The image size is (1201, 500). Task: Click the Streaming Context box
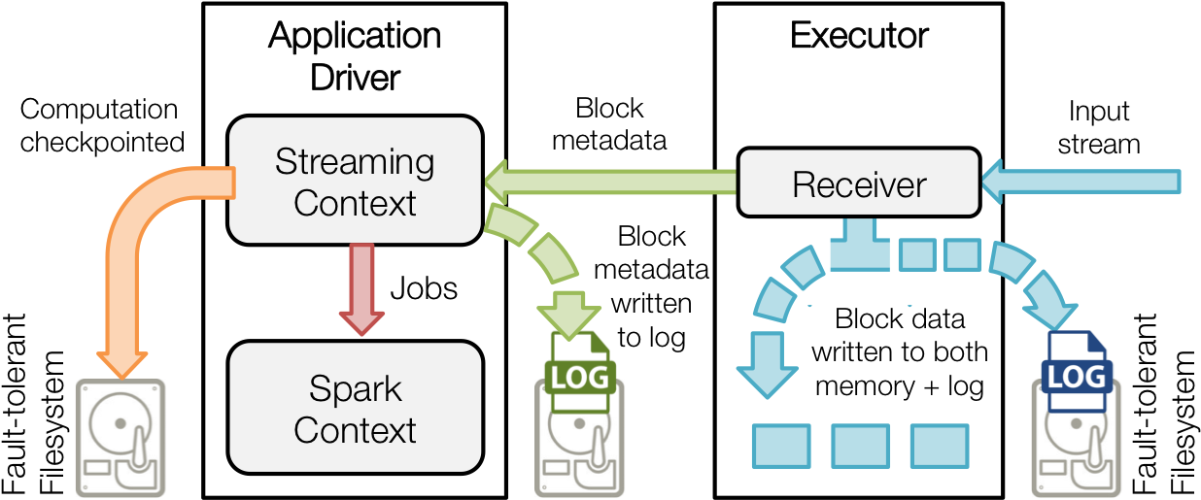[x=355, y=181]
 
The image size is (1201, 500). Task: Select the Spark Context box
[x=355, y=408]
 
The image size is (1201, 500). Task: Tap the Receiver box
[x=859, y=183]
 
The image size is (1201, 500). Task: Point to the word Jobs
[x=424, y=288]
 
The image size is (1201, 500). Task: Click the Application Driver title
[x=355, y=56]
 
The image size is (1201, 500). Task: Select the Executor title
[x=859, y=36]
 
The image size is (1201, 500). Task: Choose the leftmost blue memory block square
[x=781, y=446]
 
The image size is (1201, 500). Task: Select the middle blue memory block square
[x=860, y=446]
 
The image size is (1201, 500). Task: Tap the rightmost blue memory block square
[x=939, y=446]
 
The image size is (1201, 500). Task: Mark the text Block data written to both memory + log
[x=899, y=352]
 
